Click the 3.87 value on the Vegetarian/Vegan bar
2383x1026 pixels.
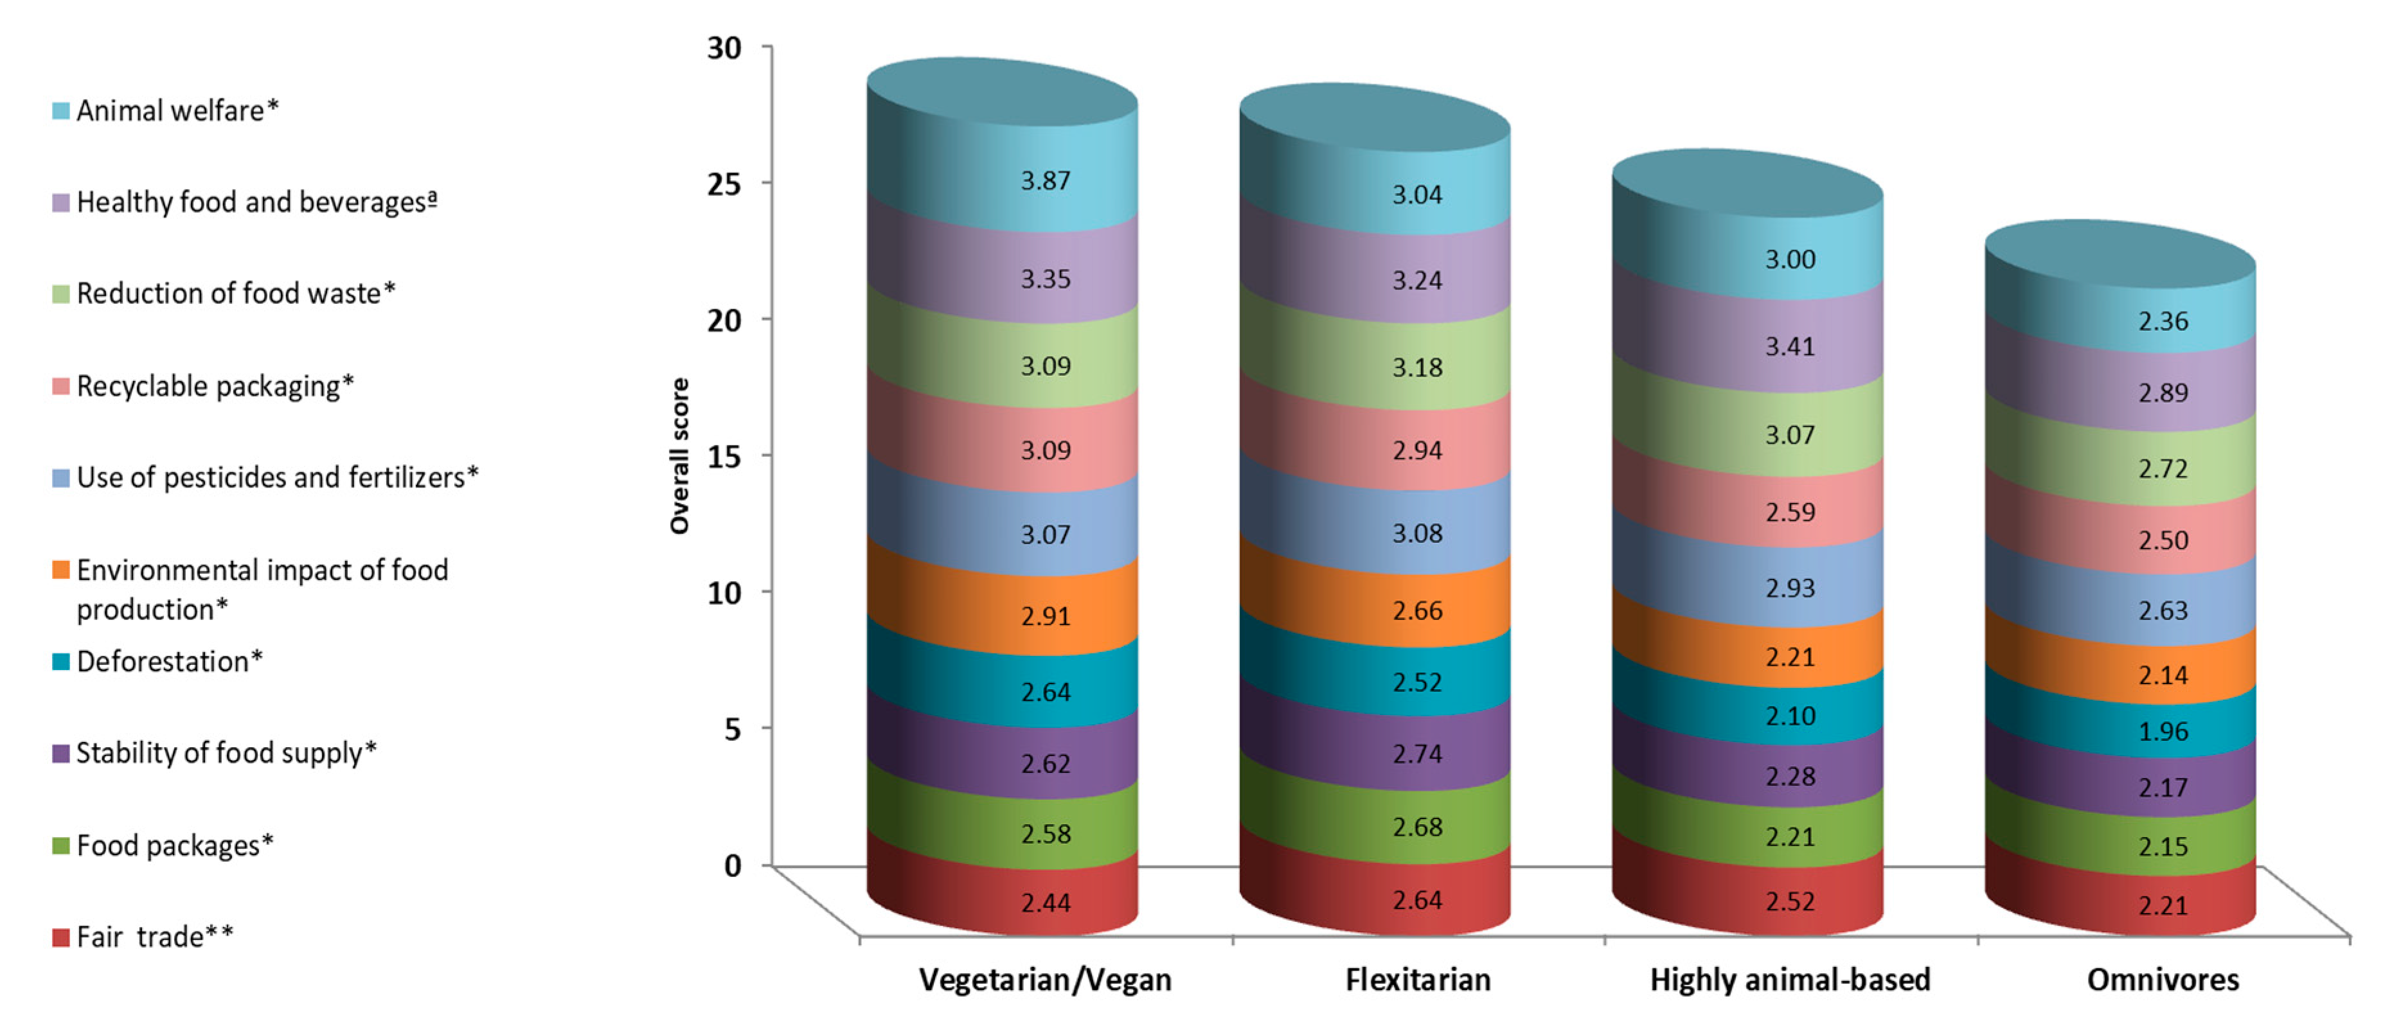(1046, 181)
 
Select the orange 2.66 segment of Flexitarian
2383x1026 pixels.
(1417, 610)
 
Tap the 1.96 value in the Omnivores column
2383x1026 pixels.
(2163, 732)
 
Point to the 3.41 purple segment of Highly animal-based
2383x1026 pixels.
(1790, 347)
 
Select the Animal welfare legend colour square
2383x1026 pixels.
(61, 111)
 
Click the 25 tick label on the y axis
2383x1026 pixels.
(724, 183)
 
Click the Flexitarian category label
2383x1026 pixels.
(1417, 979)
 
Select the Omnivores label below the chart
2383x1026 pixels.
(2163, 979)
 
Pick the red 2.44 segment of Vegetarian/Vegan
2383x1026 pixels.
(1046, 902)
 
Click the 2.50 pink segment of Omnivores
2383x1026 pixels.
(2163, 540)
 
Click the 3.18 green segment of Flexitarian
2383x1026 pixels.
(1417, 367)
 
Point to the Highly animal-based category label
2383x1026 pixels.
(1790, 979)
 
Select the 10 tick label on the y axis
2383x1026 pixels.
(724, 592)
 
